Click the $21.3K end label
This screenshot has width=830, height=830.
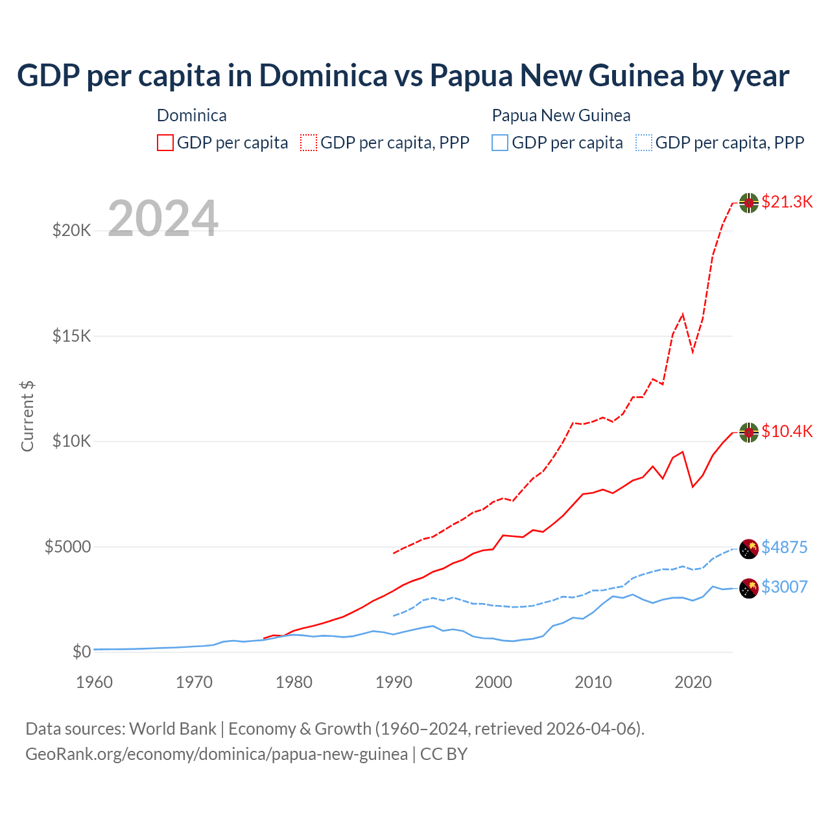tap(787, 202)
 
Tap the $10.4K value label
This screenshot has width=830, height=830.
tap(787, 431)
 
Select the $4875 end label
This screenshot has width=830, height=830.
tap(784, 547)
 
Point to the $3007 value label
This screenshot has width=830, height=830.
tap(784, 587)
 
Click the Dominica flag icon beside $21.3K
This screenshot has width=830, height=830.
tap(749, 202)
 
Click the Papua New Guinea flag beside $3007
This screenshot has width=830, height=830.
tap(749, 588)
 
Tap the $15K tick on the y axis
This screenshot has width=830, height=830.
tap(72, 336)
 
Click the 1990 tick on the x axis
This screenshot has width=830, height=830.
tap(394, 682)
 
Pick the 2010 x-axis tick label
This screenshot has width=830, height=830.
tap(593, 682)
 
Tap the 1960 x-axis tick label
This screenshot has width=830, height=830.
tap(95, 682)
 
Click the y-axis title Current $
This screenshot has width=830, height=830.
tap(27, 416)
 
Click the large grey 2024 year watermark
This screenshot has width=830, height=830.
tap(163, 219)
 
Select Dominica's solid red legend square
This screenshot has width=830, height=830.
tap(165, 143)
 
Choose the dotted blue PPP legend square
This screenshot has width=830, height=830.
tap(644, 143)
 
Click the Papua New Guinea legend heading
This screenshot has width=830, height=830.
tap(561, 115)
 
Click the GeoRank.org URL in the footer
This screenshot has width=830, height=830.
tap(217, 754)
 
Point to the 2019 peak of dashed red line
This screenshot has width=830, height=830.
tap(682, 314)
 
